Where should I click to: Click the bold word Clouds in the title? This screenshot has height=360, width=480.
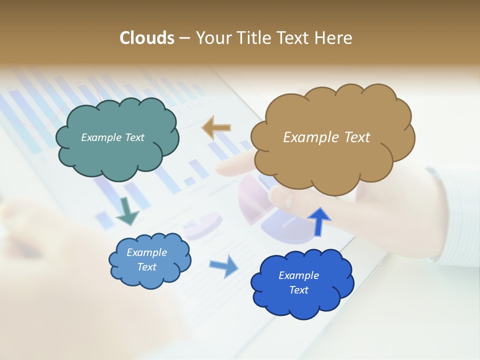click(147, 38)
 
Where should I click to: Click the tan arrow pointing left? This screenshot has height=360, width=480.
click(216, 127)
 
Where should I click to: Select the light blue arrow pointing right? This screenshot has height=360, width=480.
click(223, 265)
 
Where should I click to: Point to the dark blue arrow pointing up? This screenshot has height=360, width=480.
click(319, 221)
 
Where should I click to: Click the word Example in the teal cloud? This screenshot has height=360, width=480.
click(100, 137)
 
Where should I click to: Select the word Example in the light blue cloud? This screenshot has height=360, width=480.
click(146, 252)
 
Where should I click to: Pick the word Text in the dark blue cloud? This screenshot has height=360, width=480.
click(298, 290)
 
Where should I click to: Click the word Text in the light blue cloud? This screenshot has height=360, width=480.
click(146, 267)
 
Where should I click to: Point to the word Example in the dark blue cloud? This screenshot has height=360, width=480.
click(298, 275)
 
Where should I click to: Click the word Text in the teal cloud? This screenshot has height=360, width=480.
click(134, 137)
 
